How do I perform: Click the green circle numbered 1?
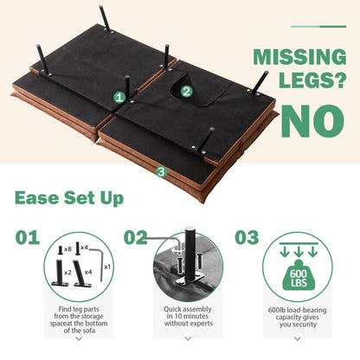click(119, 98)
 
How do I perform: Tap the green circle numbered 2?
click(186, 92)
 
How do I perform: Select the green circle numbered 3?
click(161, 172)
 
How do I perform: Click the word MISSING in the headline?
click(299, 57)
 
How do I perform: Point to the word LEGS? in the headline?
click(312, 80)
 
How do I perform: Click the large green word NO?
click(312, 121)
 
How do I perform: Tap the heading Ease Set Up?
click(69, 198)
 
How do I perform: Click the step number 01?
click(28, 238)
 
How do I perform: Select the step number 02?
click(135, 238)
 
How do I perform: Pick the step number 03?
click(247, 238)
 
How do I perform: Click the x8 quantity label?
click(67, 249)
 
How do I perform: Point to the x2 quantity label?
click(67, 273)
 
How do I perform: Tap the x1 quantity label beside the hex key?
click(107, 267)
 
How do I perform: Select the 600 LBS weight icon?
click(299, 275)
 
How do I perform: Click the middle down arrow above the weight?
click(299, 252)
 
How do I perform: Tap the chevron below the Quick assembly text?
click(188, 338)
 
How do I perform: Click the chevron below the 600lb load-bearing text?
click(298, 338)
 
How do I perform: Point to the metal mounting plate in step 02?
click(189, 279)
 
